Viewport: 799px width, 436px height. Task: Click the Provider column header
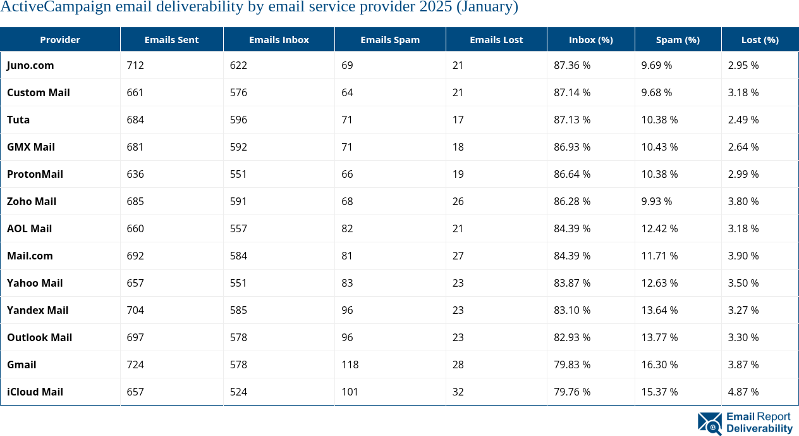(x=60, y=40)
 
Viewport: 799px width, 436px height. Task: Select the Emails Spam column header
(x=389, y=40)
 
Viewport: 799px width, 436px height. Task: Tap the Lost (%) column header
(x=760, y=40)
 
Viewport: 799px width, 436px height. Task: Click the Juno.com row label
(x=30, y=65)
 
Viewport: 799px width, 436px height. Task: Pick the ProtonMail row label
(x=35, y=174)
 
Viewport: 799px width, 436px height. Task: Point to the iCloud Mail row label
(x=35, y=392)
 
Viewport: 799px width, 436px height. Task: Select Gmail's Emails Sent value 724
(x=135, y=364)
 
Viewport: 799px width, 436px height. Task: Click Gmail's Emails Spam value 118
(x=350, y=364)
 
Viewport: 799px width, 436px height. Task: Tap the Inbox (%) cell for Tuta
(x=572, y=120)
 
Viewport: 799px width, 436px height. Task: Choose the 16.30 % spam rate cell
(x=659, y=364)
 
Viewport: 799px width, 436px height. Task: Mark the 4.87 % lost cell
(x=743, y=392)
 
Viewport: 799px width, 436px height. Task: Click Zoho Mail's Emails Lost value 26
(x=458, y=201)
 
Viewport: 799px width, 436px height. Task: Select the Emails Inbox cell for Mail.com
(x=238, y=256)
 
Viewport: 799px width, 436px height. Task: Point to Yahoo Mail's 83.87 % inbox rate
(x=572, y=283)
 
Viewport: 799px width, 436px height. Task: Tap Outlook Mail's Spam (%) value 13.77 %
(x=659, y=337)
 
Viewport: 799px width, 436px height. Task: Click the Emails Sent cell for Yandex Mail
(x=135, y=310)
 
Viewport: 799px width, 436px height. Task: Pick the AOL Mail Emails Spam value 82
(x=347, y=228)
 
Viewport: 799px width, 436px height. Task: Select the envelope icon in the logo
(x=709, y=423)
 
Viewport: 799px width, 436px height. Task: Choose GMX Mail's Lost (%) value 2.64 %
(x=743, y=147)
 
